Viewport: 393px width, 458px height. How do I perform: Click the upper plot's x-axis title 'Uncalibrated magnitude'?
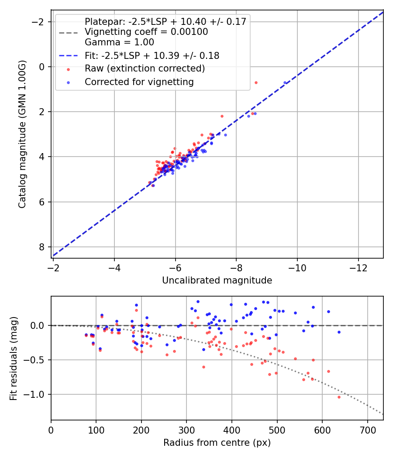[x=217, y=280]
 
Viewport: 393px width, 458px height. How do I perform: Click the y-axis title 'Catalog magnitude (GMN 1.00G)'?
[x=22, y=134]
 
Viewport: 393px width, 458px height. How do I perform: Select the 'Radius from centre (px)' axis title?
[x=217, y=443]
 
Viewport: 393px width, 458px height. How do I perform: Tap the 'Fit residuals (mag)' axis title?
[x=14, y=358]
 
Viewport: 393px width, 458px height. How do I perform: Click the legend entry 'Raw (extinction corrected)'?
[x=145, y=68]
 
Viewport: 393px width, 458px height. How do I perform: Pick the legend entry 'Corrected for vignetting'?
[x=139, y=82]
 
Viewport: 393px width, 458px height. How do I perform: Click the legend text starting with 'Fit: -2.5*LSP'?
[x=152, y=55]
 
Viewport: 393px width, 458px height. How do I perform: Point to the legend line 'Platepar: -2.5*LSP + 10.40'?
[x=165, y=21]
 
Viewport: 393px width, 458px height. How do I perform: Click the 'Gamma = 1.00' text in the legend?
[x=119, y=42]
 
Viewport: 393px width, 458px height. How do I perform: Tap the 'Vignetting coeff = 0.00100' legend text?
[x=146, y=32]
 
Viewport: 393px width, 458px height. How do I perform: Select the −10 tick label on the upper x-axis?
[x=297, y=267]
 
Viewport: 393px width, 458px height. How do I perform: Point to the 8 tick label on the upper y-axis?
[x=42, y=247]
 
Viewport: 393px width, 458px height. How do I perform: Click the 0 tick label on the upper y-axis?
[x=42, y=67]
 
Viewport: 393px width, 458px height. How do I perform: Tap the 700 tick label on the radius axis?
[x=367, y=430]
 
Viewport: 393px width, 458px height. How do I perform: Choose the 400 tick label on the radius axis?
[x=232, y=430]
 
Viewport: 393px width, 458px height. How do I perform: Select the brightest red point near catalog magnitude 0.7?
[x=256, y=82]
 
